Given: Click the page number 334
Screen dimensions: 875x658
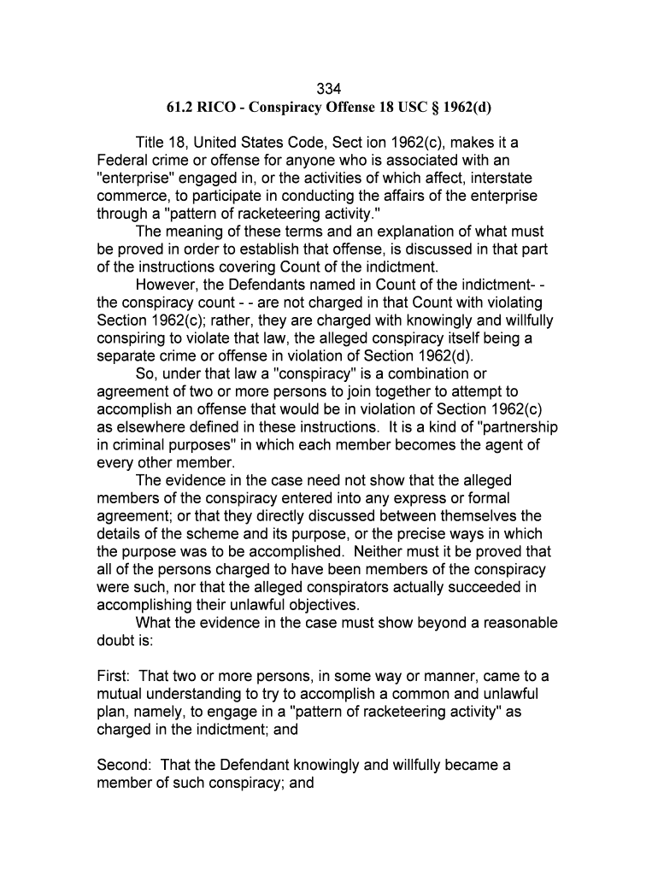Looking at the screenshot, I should click(329, 88).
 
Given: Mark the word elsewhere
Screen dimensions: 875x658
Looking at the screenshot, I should click(150, 427).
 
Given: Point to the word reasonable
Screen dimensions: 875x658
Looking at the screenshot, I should click(509, 622).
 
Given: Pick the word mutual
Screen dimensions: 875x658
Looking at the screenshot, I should click(121, 695).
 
